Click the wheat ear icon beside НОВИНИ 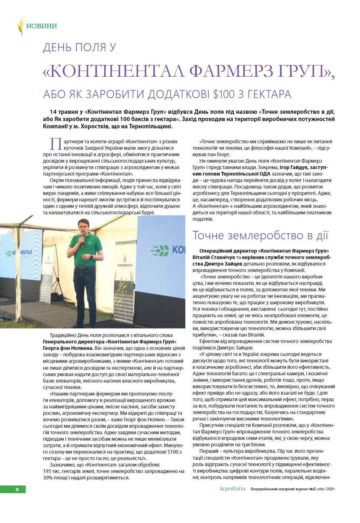(x=20, y=26)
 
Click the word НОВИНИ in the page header (x=42, y=26)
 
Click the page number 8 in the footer (x=17, y=489)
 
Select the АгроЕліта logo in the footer (x=232, y=489)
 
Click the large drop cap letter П (x=55, y=144)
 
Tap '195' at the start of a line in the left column (x=48, y=471)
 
